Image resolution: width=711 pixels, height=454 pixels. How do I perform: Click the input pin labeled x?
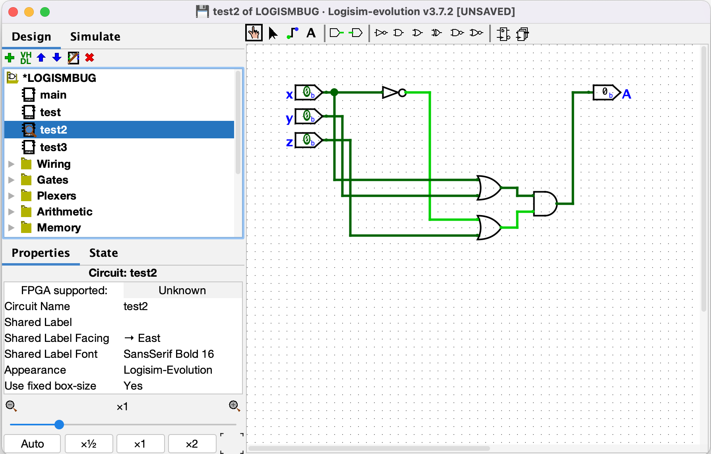click(x=308, y=93)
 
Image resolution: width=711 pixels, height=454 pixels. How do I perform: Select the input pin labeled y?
click(x=308, y=116)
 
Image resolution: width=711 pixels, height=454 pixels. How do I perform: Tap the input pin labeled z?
click(x=308, y=140)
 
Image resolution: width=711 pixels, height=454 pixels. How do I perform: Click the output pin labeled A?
click(x=606, y=93)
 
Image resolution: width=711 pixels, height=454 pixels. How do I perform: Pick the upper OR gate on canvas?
click(x=489, y=188)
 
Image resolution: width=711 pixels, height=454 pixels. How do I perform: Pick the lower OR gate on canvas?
click(x=489, y=227)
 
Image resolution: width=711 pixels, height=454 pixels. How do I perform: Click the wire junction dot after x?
click(x=334, y=93)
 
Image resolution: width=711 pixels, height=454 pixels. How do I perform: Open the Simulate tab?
click(x=95, y=37)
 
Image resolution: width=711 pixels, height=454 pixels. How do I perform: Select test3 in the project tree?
click(x=53, y=147)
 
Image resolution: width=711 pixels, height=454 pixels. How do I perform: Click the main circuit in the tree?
click(x=53, y=95)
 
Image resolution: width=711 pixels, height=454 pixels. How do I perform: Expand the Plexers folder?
click(x=12, y=196)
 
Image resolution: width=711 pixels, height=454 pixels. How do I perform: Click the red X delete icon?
click(x=90, y=58)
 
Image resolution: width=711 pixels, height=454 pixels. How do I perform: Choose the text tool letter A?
click(x=311, y=33)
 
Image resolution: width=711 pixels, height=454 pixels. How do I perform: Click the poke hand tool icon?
click(x=254, y=33)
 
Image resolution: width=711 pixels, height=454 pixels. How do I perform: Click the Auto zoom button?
click(x=32, y=444)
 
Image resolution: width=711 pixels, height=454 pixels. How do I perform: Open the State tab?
click(x=103, y=253)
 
